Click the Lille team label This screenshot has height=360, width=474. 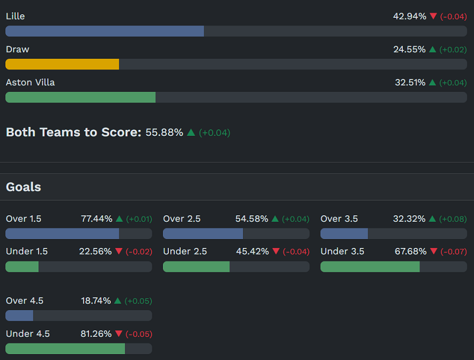pos(15,16)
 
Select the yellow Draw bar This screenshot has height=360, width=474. pos(62,64)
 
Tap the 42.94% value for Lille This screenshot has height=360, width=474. pos(409,16)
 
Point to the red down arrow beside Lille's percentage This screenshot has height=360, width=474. pos(433,16)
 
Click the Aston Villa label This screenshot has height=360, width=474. pos(30,82)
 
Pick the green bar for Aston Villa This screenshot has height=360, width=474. pos(81,97)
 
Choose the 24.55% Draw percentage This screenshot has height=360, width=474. pos(409,49)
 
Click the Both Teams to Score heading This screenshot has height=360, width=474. pos(73,132)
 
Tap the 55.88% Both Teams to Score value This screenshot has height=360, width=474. pos(164,132)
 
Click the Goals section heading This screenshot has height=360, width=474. pos(23,187)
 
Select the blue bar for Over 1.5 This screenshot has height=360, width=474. pos(62,234)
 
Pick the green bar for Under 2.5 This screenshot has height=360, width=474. pos(196,267)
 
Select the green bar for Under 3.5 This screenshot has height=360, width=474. pos(370,267)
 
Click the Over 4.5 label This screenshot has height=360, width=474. pos(24,301)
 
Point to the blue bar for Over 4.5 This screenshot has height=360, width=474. pos(20,316)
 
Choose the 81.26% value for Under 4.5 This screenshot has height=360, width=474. pos(96,334)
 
